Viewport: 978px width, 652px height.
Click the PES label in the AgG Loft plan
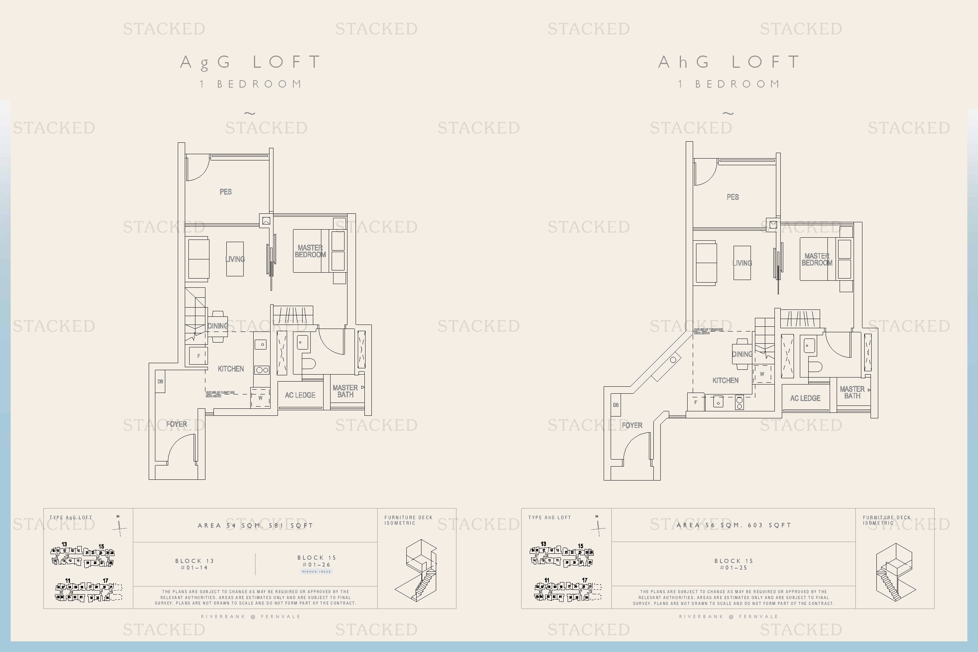pyautogui.click(x=226, y=192)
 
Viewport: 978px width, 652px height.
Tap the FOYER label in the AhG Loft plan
pyautogui.click(x=632, y=425)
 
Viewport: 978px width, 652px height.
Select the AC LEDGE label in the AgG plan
pyautogui.click(x=300, y=395)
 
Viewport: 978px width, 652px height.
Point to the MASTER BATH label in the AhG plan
pyautogui.click(x=852, y=392)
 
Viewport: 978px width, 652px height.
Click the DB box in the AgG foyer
pyautogui.click(x=160, y=381)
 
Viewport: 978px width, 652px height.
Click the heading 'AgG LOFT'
pyautogui.click(x=251, y=63)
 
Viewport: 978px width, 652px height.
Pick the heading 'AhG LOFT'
pyautogui.click(x=729, y=63)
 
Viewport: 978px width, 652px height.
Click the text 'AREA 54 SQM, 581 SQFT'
pyautogui.click(x=255, y=525)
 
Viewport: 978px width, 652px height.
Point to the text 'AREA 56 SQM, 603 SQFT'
pyautogui.click(x=733, y=525)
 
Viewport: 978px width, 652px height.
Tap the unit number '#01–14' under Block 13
pyautogui.click(x=194, y=568)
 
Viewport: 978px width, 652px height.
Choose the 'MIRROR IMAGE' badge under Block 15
pyautogui.click(x=317, y=572)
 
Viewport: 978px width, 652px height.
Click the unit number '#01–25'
pyautogui.click(x=734, y=568)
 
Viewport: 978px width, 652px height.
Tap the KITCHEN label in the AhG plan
pyautogui.click(x=725, y=380)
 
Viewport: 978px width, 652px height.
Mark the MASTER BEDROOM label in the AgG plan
pyautogui.click(x=310, y=251)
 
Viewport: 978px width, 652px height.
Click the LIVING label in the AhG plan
pyautogui.click(x=742, y=263)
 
